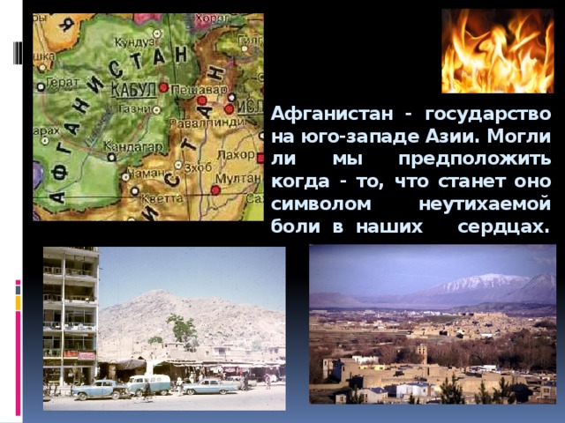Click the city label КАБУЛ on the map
pyautogui.click(x=133, y=89)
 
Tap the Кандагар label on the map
pyautogui.click(x=129, y=146)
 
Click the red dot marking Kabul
pyautogui.click(x=163, y=87)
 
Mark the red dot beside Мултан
pyautogui.click(x=215, y=189)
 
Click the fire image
pyautogui.click(x=497, y=50)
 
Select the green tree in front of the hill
pyautogui.click(x=182, y=330)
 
